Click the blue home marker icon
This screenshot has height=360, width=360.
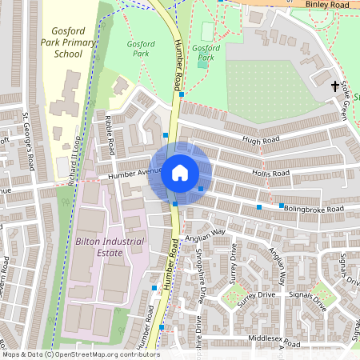(179, 173)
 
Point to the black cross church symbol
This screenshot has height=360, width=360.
(334, 85)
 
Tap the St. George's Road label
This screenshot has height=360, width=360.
(29, 142)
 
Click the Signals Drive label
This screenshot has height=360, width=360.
(308, 301)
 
